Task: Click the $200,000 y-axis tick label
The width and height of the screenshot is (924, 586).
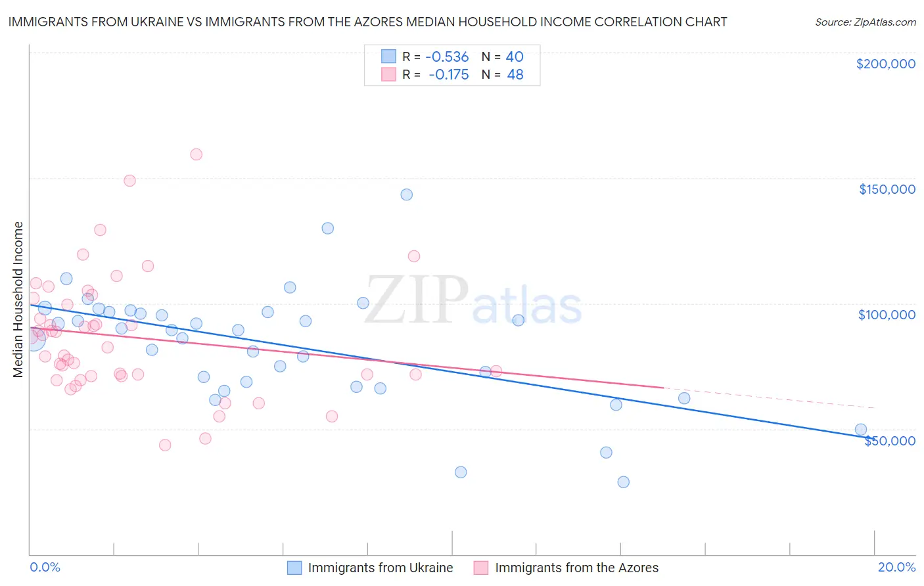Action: click(885, 64)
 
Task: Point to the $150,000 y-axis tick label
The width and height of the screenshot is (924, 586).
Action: click(887, 189)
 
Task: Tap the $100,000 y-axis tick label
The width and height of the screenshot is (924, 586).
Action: click(887, 315)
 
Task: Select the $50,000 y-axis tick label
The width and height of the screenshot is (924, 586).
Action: click(889, 440)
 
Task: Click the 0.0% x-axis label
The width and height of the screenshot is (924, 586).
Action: click(45, 567)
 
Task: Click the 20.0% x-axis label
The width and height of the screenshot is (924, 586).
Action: click(896, 567)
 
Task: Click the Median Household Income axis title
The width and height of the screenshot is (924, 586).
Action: click(18, 300)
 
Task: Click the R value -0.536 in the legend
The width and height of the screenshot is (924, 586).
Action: click(447, 56)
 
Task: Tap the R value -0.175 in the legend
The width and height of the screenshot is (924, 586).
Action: click(448, 75)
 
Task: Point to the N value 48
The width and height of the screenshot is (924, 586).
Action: click(515, 75)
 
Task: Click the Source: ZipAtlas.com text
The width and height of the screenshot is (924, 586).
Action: click(865, 22)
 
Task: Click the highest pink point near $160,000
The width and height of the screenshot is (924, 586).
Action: click(196, 154)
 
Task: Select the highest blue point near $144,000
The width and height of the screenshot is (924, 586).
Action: click(407, 194)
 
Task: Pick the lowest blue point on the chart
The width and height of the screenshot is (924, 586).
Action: click(624, 482)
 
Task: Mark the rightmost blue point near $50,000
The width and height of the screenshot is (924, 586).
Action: click(860, 430)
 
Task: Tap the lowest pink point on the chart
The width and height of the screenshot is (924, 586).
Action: click(165, 445)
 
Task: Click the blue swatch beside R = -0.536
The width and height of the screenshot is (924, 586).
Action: click(388, 56)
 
